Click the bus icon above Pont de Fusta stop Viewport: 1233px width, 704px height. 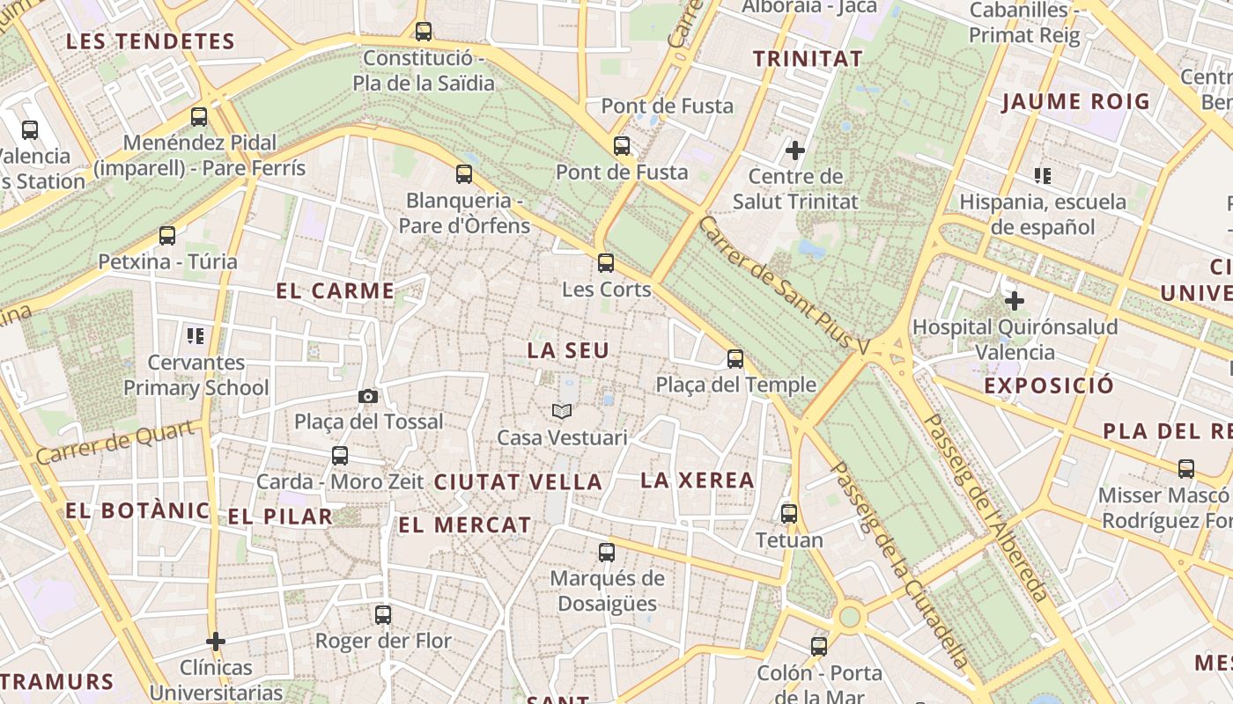click(x=622, y=146)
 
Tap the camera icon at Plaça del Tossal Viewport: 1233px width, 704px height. click(x=368, y=397)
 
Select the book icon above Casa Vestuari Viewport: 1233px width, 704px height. click(x=562, y=411)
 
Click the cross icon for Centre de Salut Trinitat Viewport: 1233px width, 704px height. click(x=795, y=150)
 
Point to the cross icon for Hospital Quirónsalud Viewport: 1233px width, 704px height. click(x=1015, y=301)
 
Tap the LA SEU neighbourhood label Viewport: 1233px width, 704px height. click(x=568, y=350)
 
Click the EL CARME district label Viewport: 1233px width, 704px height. click(x=335, y=291)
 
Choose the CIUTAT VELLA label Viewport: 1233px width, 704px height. click(x=518, y=482)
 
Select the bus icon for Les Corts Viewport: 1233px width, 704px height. click(x=606, y=263)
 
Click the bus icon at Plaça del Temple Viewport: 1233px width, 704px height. click(x=735, y=359)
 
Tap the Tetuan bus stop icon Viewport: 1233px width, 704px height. click(x=789, y=514)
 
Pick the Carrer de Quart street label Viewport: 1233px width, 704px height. click(x=115, y=443)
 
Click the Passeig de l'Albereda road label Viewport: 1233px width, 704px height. click(x=987, y=508)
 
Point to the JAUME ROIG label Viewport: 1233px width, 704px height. click(x=1075, y=101)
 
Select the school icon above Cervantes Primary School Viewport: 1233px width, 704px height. click(x=196, y=335)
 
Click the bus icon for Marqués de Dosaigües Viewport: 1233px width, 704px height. click(x=607, y=553)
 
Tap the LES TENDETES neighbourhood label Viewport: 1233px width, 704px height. click(x=151, y=41)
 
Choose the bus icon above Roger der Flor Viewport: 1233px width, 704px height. click(x=383, y=615)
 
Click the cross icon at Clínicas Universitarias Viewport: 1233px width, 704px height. click(x=216, y=642)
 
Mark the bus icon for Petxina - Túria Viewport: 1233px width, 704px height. click(x=167, y=236)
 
